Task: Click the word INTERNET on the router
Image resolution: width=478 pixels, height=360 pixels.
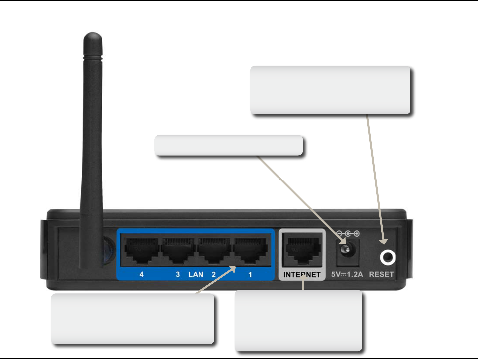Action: click(x=302, y=275)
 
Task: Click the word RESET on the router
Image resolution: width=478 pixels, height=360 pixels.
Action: click(x=381, y=275)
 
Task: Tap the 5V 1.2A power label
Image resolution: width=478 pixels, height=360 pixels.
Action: click(x=347, y=275)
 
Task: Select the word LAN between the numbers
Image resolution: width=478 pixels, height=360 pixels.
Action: click(x=196, y=275)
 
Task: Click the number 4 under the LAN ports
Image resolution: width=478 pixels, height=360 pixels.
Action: click(x=142, y=275)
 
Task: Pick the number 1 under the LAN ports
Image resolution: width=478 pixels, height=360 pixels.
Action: click(x=250, y=275)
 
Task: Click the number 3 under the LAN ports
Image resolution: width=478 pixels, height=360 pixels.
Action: click(x=178, y=275)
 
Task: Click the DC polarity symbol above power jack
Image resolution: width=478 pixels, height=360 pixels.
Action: click(x=348, y=234)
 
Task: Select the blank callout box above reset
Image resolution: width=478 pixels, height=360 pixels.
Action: click(x=330, y=90)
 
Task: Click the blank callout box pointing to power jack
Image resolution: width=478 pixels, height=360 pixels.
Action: click(x=229, y=145)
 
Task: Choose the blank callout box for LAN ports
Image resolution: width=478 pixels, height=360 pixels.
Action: click(x=132, y=319)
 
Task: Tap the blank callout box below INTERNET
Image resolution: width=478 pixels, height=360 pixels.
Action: click(x=298, y=321)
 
